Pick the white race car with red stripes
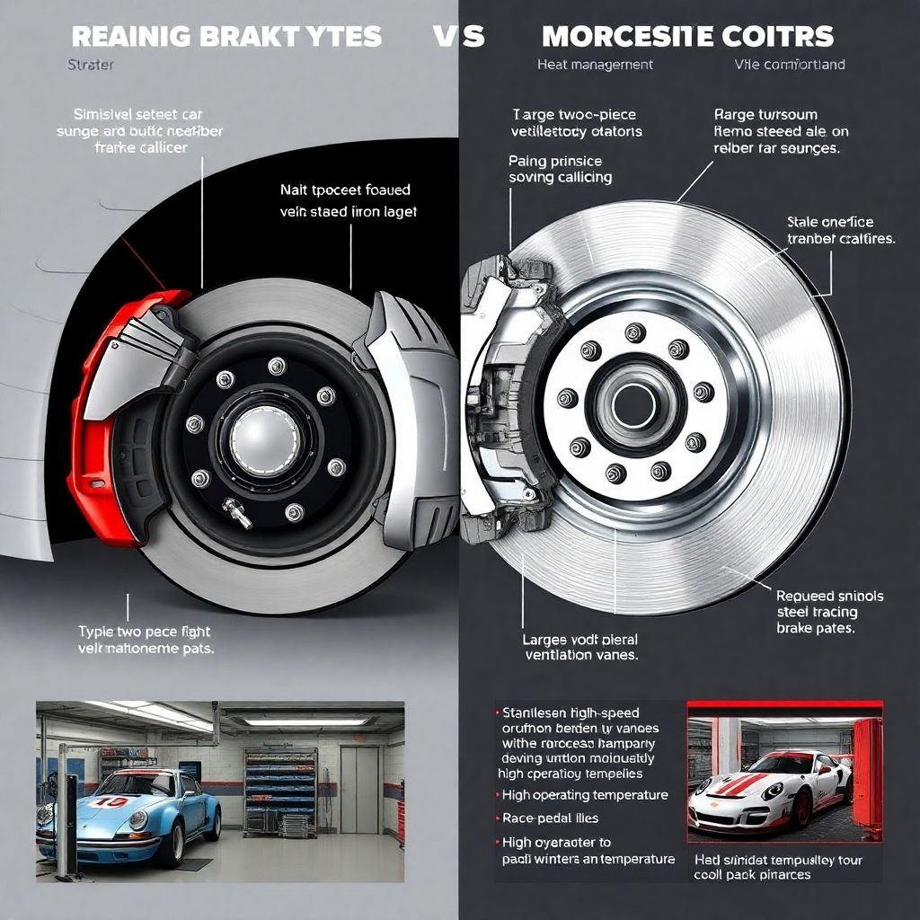click(x=768, y=791)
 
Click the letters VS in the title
click(x=458, y=37)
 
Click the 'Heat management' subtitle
click(x=595, y=65)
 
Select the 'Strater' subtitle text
click(x=91, y=65)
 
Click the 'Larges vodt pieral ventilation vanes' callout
click(x=580, y=647)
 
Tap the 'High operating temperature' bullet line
click(x=585, y=794)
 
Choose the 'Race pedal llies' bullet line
click(x=550, y=818)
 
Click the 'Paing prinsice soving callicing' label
click(x=561, y=169)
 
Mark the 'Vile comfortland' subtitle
click(x=789, y=65)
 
